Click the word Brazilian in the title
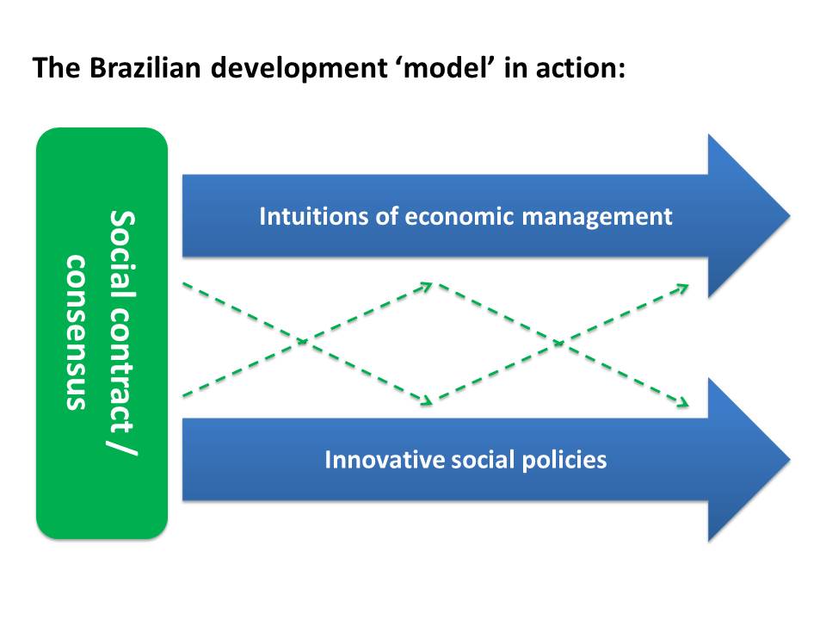[x=145, y=68]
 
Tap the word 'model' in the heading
[x=447, y=68]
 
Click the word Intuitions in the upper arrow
[x=314, y=216]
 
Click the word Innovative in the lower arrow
[x=385, y=459]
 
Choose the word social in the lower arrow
[x=483, y=459]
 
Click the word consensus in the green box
[x=76, y=332]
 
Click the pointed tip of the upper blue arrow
[x=790, y=215]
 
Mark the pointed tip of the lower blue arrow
[x=790, y=459]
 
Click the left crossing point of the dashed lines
[x=304, y=342]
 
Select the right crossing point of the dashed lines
[x=559, y=344]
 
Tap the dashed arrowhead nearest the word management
[x=683, y=288]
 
